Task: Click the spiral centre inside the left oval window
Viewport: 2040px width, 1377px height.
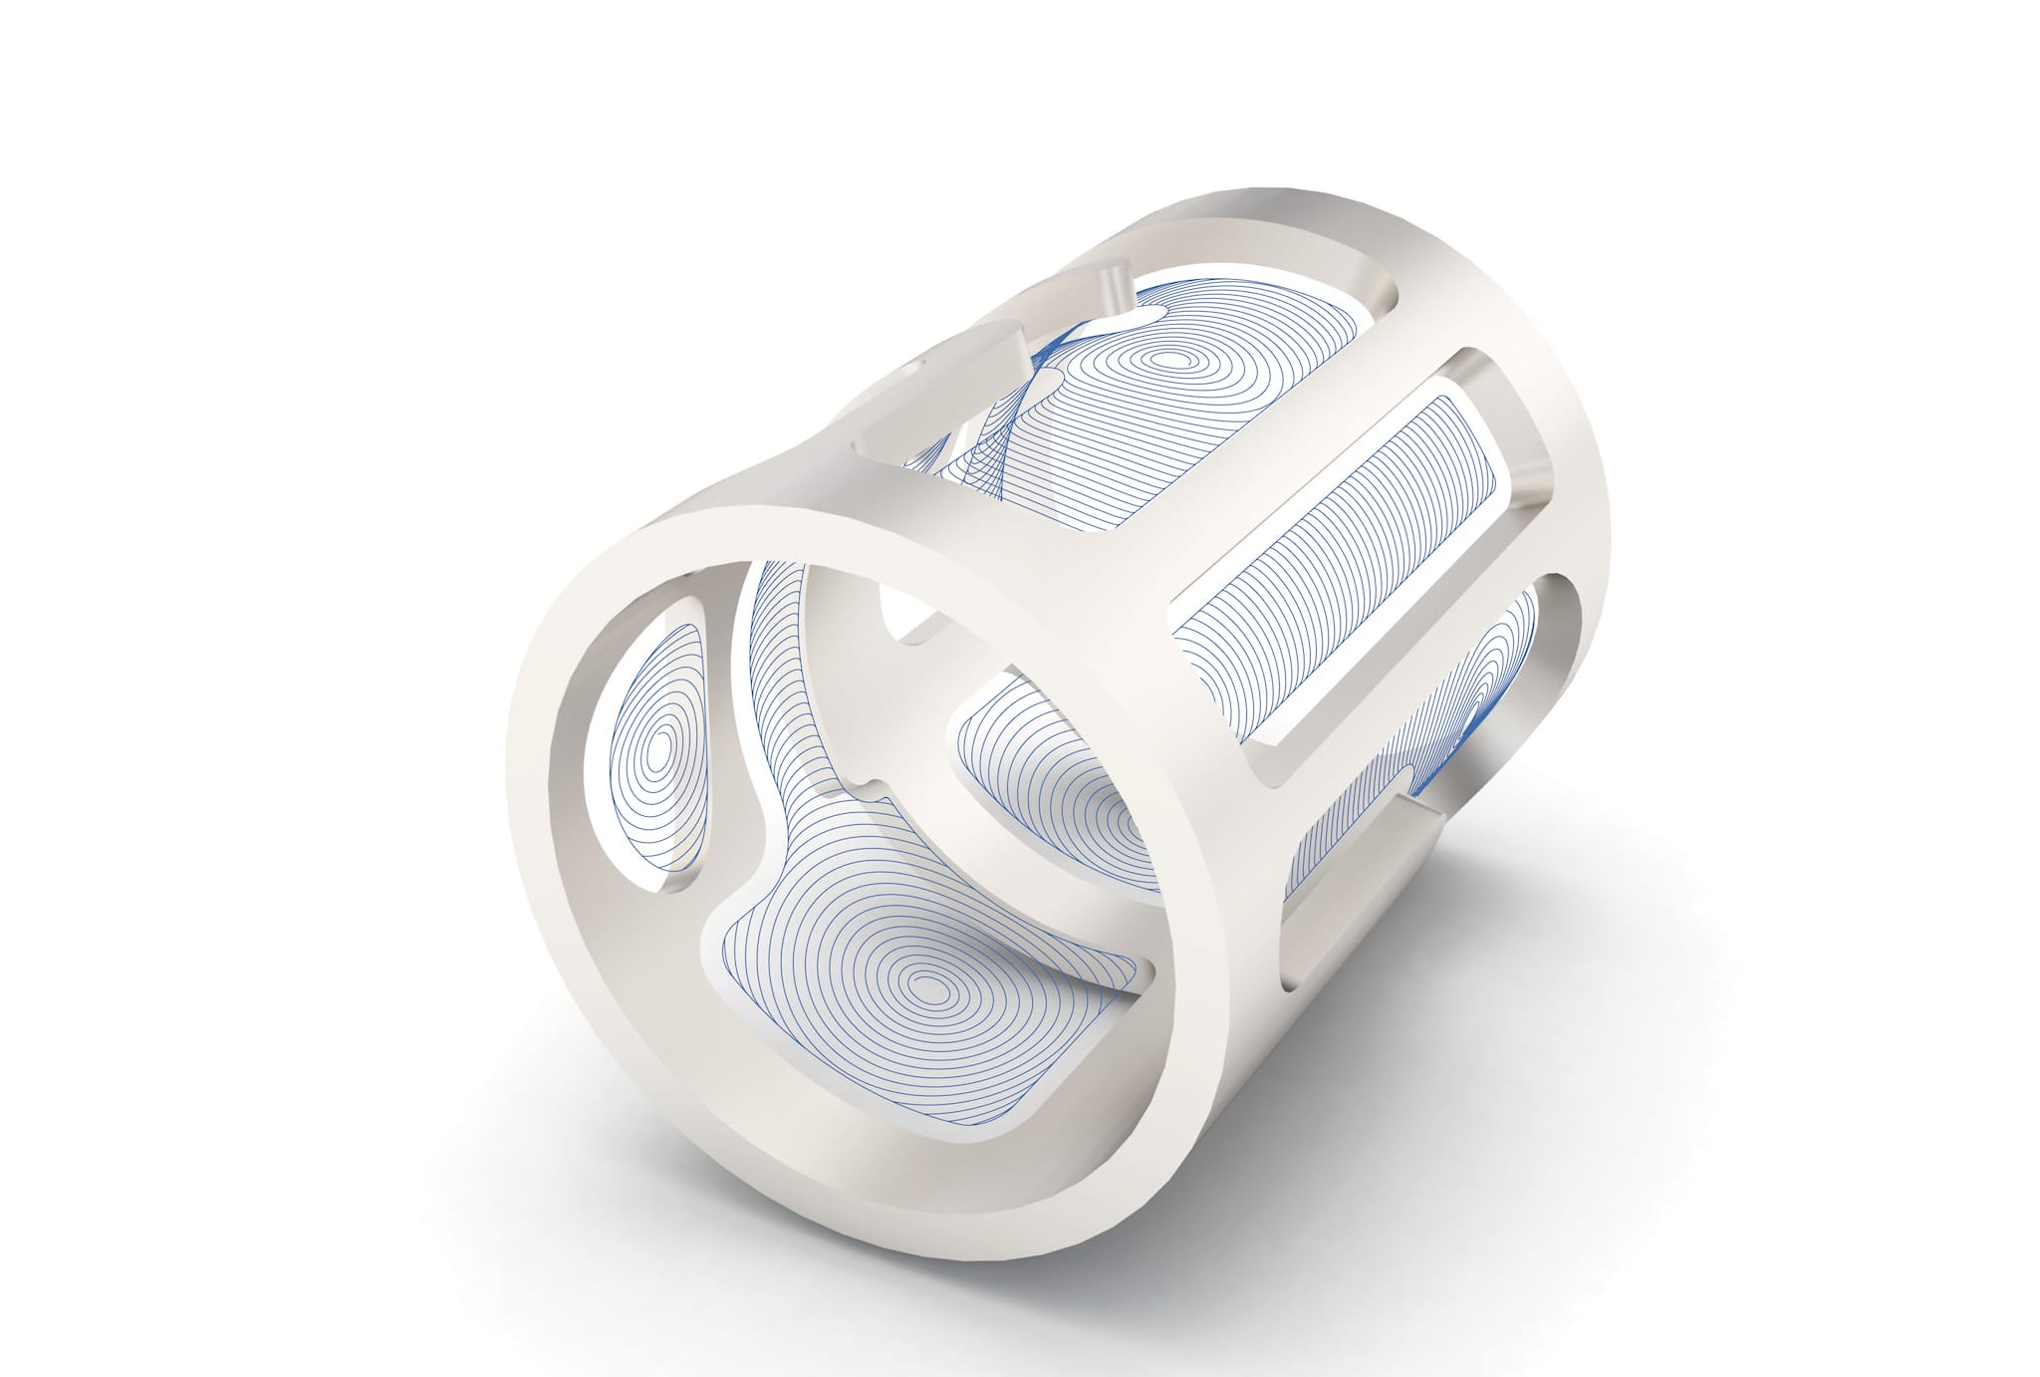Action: (658, 748)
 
